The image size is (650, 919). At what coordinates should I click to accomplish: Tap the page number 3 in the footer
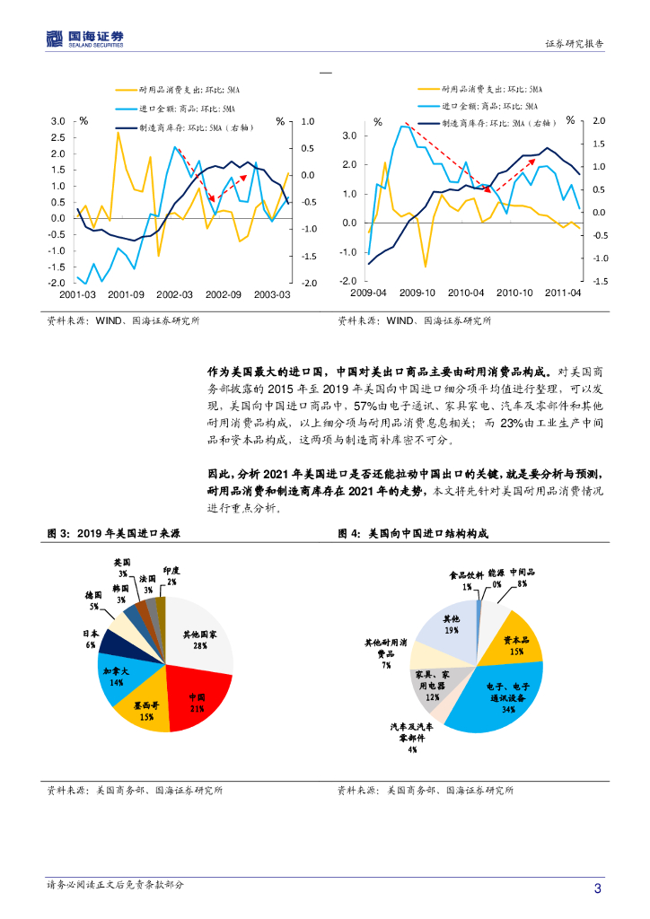coord(598,888)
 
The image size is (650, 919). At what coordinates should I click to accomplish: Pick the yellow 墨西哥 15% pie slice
coord(144,709)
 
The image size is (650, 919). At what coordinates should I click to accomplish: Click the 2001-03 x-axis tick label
coord(77,294)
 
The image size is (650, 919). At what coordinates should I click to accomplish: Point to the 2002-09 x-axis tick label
coord(223,294)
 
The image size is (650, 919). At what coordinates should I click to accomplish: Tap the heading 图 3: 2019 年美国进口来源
coord(113,533)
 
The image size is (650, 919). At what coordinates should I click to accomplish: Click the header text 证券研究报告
coord(575,43)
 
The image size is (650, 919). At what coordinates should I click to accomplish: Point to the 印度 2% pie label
coord(171,575)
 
